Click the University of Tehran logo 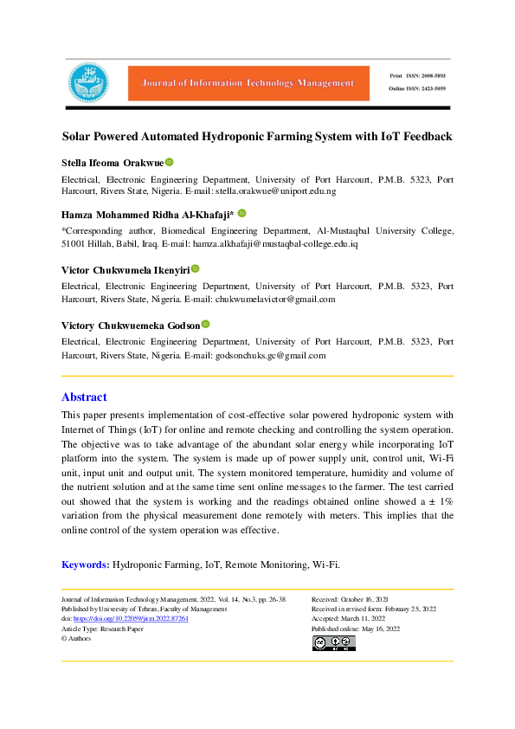click(x=89, y=82)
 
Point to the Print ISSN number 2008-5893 click(x=429, y=75)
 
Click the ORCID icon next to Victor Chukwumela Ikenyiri click(x=196, y=269)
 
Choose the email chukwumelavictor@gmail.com click(x=275, y=299)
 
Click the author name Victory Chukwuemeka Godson click(x=130, y=325)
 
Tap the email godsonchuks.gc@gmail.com click(x=267, y=355)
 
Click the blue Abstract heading click(x=84, y=397)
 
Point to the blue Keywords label click(x=85, y=564)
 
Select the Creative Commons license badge click(x=333, y=642)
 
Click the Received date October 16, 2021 click(x=372, y=599)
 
